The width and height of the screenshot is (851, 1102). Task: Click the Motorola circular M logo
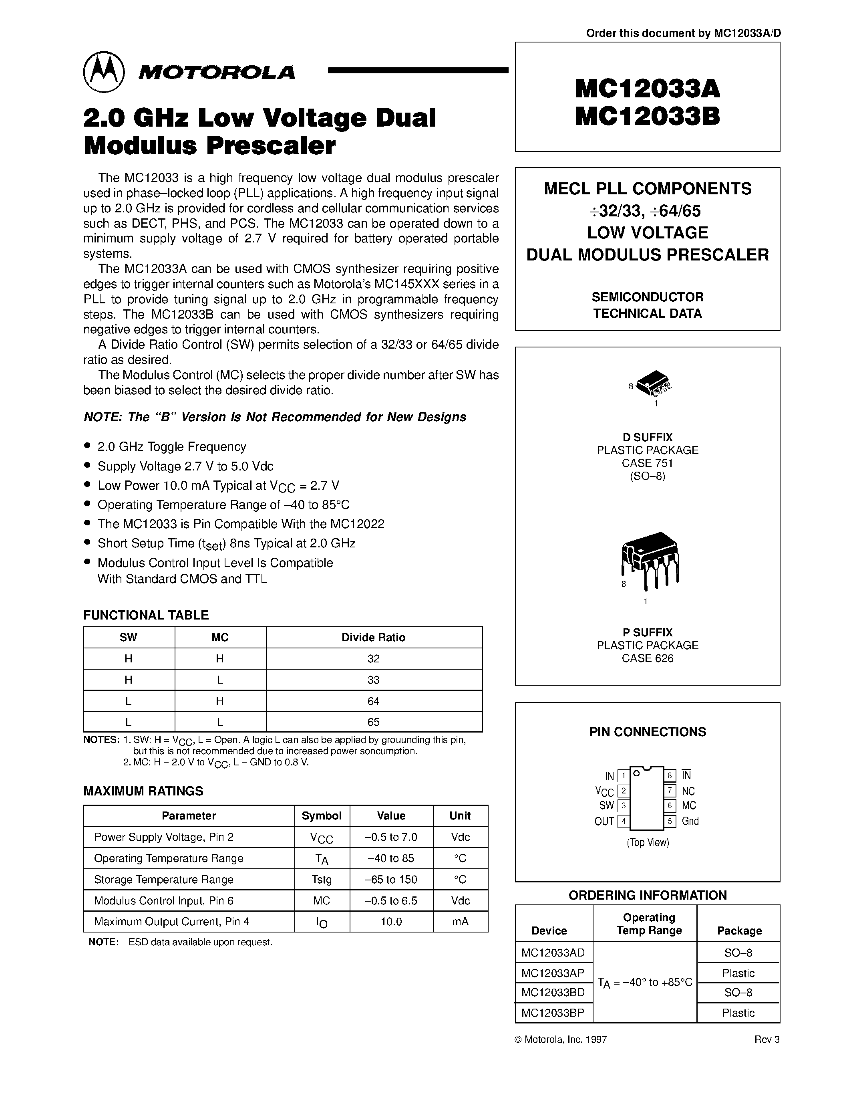coord(104,72)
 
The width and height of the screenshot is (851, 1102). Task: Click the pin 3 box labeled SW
coord(624,806)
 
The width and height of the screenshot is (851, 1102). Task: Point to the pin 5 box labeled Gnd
coord(670,821)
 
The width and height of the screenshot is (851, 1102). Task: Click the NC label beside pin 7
coord(688,791)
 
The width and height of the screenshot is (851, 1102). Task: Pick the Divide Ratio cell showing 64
coord(374,701)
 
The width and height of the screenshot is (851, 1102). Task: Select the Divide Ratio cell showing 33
coord(374,680)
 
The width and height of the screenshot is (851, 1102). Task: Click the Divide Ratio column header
coord(374,637)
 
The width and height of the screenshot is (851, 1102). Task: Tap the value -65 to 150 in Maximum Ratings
coord(391,880)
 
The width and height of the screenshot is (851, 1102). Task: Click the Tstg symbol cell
coord(322,880)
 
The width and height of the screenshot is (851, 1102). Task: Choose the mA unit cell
coord(460,921)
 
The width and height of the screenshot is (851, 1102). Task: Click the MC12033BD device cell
coord(553,993)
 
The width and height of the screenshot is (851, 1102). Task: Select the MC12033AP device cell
coord(553,973)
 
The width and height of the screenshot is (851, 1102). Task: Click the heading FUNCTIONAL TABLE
coord(146,615)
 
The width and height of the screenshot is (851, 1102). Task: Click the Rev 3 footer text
coord(767,1039)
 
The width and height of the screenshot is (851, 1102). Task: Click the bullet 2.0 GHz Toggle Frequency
coord(171,446)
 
